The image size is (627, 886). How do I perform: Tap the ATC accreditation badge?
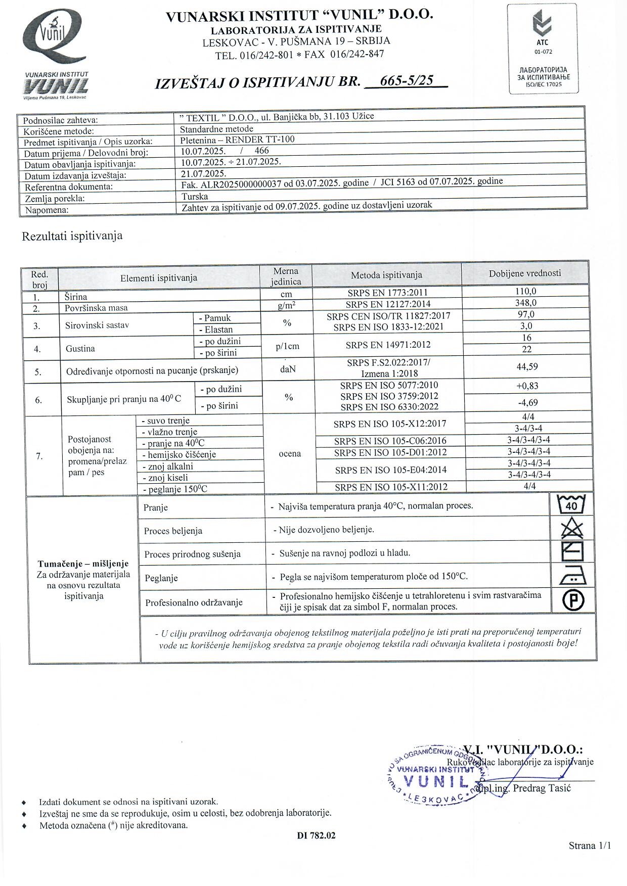click(543, 49)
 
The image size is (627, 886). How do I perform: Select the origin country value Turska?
click(195, 197)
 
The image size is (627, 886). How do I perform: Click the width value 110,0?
click(525, 291)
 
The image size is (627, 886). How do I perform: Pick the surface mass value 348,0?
click(525, 303)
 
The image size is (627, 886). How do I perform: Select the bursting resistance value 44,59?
click(527, 366)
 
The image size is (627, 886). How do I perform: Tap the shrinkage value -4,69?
click(527, 402)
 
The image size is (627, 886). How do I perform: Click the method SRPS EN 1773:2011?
click(387, 292)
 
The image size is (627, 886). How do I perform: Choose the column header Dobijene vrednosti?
click(525, 273)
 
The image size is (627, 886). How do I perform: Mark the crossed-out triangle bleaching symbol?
click(572, 529)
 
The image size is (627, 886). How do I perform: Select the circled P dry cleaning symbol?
click(573, 600)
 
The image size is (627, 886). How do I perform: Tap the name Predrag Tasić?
click(542, 788)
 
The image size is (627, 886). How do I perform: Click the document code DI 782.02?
click(316, 835)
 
